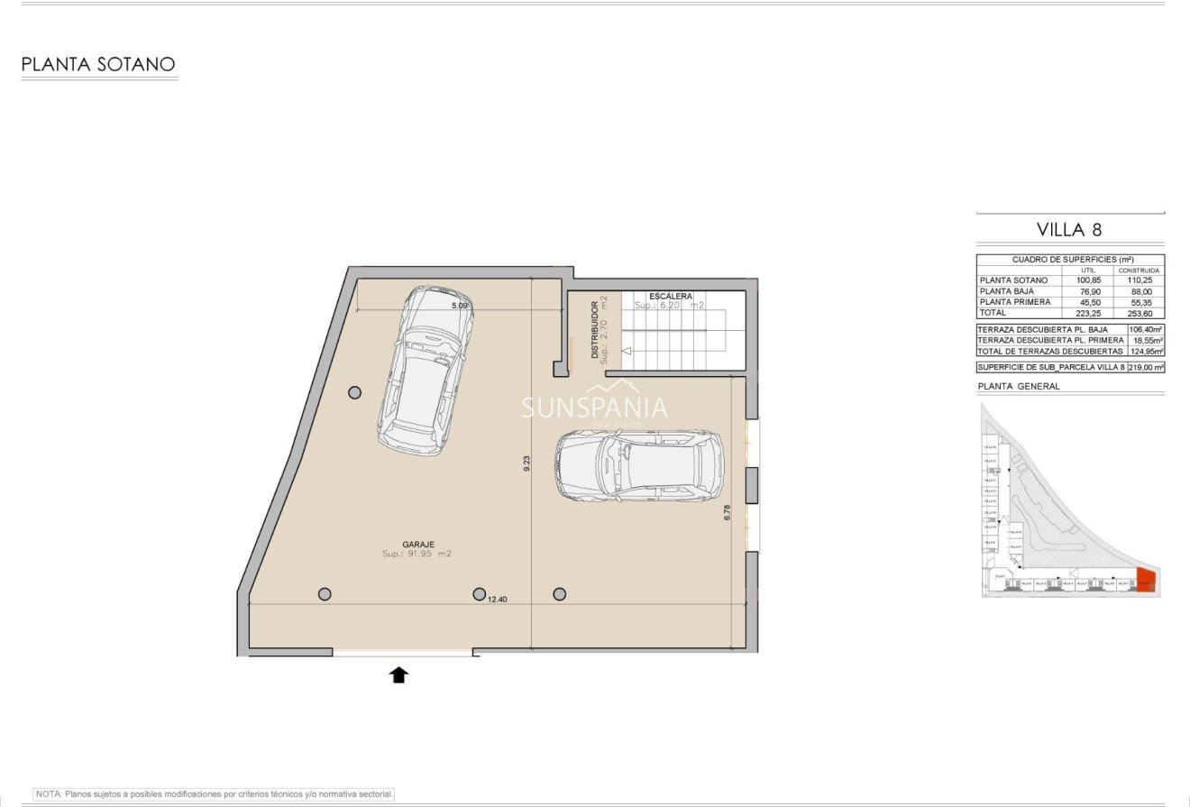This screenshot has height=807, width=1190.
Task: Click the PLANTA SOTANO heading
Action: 97,64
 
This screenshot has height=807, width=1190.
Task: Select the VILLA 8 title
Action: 1069,229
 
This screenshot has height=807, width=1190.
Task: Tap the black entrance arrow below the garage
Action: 398,674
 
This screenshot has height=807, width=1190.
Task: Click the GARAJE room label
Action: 418,545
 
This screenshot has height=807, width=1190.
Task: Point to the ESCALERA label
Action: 670,296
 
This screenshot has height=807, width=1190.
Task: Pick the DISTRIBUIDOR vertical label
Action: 595,329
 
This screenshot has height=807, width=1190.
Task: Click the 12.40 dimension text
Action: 498,599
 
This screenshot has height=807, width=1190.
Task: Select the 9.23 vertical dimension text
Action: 526,463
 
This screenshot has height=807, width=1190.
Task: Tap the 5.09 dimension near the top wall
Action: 460,306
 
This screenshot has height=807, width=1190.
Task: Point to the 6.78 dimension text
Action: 727,513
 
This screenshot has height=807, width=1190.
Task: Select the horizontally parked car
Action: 639,465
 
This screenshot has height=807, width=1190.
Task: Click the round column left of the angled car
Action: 355,392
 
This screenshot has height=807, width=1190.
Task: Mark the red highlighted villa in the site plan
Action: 1147,580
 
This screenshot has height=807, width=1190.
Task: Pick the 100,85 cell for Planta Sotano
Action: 1089,280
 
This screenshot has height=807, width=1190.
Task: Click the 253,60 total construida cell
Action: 1139,313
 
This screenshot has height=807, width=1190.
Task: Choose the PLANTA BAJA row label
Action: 1006,291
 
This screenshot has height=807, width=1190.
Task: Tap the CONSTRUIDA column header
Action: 1139,270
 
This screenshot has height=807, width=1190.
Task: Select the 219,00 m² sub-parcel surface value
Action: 1145,367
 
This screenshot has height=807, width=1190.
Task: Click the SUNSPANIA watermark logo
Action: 595,408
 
